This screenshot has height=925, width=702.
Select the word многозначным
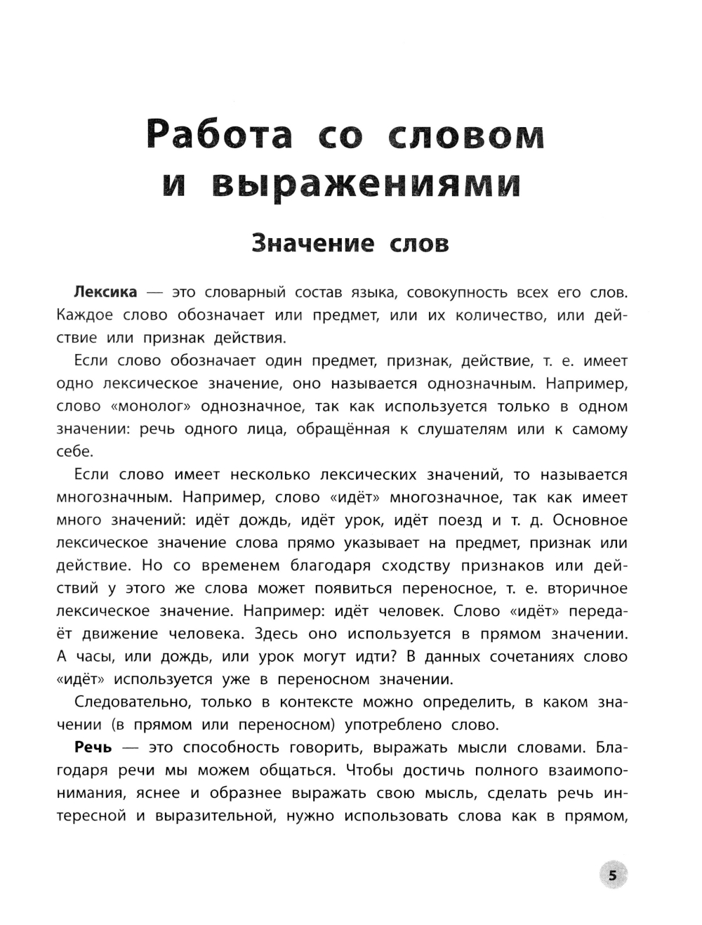[x=113, y=497]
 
